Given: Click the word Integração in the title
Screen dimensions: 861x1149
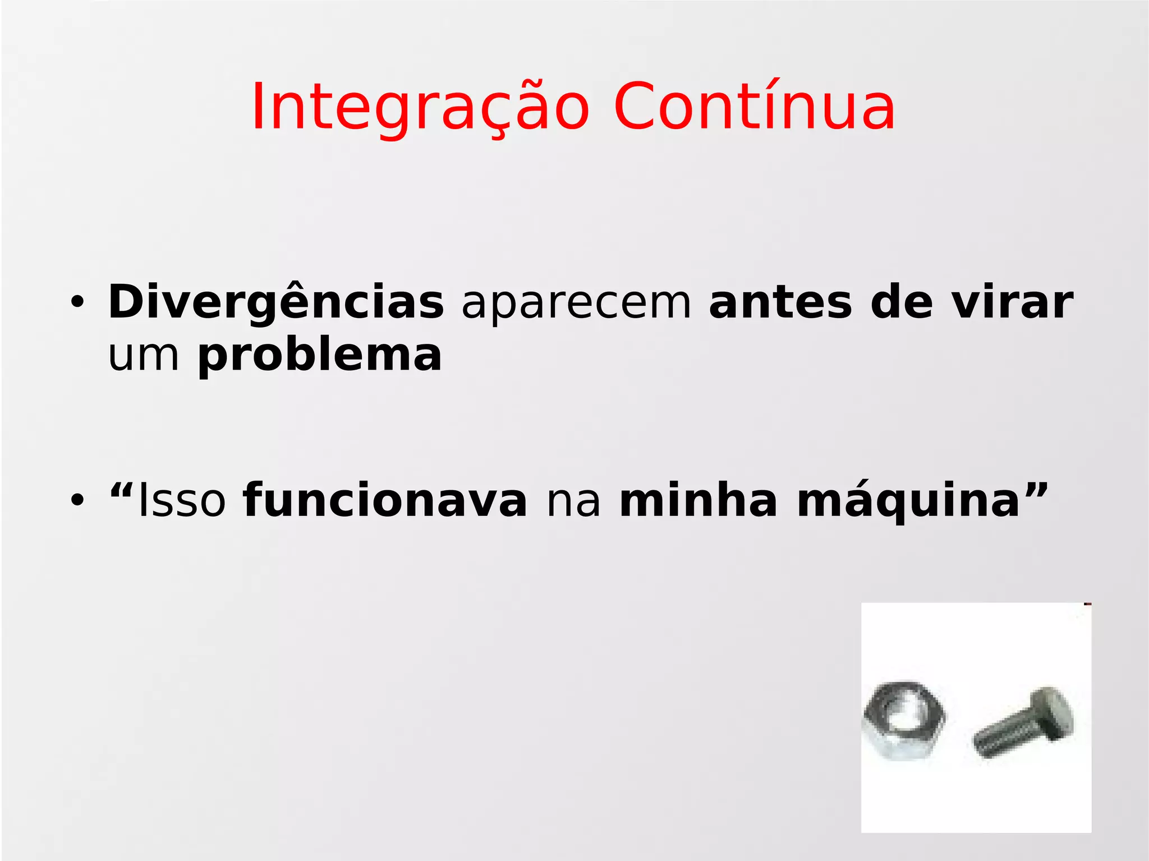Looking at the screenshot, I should [x=420, y=108].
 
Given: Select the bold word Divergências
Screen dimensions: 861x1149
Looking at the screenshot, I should [x=276, y=303].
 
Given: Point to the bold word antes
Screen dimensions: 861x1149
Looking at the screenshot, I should [x=780, y=303].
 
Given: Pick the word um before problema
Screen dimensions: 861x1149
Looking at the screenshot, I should [x=144, y=356].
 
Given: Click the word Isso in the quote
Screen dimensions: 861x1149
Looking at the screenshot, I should [x=182, y=500].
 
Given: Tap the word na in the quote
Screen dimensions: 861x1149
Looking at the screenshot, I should [x=573, y=501].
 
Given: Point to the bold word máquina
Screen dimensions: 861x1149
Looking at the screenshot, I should [x=908, y=501].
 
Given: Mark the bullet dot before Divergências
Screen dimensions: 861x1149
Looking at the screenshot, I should [x=77, y=303].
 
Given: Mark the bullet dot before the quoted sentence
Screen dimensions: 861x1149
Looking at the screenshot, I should [x=77, y=500].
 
